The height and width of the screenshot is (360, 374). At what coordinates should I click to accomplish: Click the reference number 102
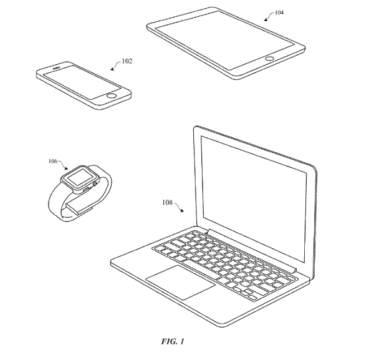pyautogui.click(x=127, y=61)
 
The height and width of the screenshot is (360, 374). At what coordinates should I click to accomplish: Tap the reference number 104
pyautogui.click(x=279, y=12)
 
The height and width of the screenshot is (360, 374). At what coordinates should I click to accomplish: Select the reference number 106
pyautogui.click(x=53, y=161)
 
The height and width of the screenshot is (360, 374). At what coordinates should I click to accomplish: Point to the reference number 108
pyautogui.click(x=167, y=202)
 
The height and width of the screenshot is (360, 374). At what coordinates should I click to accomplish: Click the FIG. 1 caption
pyautogui.click(x=173, y=341)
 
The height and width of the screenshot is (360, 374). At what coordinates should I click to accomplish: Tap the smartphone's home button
pyautogui.click(x=112, y=96)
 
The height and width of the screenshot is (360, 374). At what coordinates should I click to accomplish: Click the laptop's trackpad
pyautogui.click(x=181, y=282)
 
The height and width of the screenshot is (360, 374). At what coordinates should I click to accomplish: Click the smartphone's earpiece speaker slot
pyautogui.click(x=56, y=69)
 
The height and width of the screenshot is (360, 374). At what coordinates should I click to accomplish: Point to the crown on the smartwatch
pyautogui.click(x=95, y=183)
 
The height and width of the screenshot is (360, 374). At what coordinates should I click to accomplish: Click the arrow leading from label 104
pyautogui.click(x=269, y=17)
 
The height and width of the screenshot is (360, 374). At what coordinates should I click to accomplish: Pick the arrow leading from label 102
pyautogui.click(x=116, y=66)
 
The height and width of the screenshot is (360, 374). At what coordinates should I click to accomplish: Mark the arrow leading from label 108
pyautogui.click(x=178, y=207)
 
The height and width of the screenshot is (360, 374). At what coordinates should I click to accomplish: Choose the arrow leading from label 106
pyautogui.click(x=63, y=165)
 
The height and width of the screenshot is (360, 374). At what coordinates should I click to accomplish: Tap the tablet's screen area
pyautogui.click(x=224, y=40)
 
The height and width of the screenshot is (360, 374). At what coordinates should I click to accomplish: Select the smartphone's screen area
pyautogui.click(x=82, y=82)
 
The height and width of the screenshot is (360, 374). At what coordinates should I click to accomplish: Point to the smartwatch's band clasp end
pyautogui.click(x=79, y=207)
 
